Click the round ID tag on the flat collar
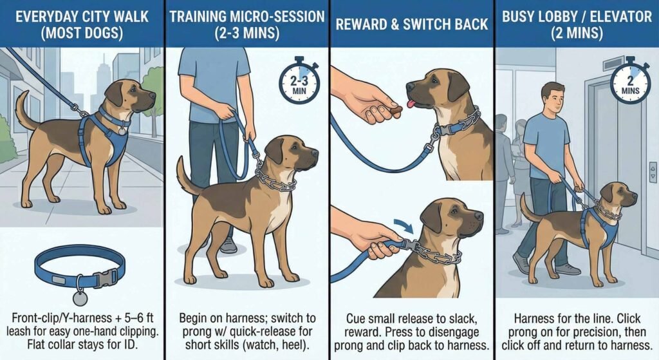[x=80, y=298]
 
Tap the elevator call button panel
[x=653, y=172]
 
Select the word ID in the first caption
[x=118, y=345]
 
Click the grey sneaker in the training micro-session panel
[x=228, y=244]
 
